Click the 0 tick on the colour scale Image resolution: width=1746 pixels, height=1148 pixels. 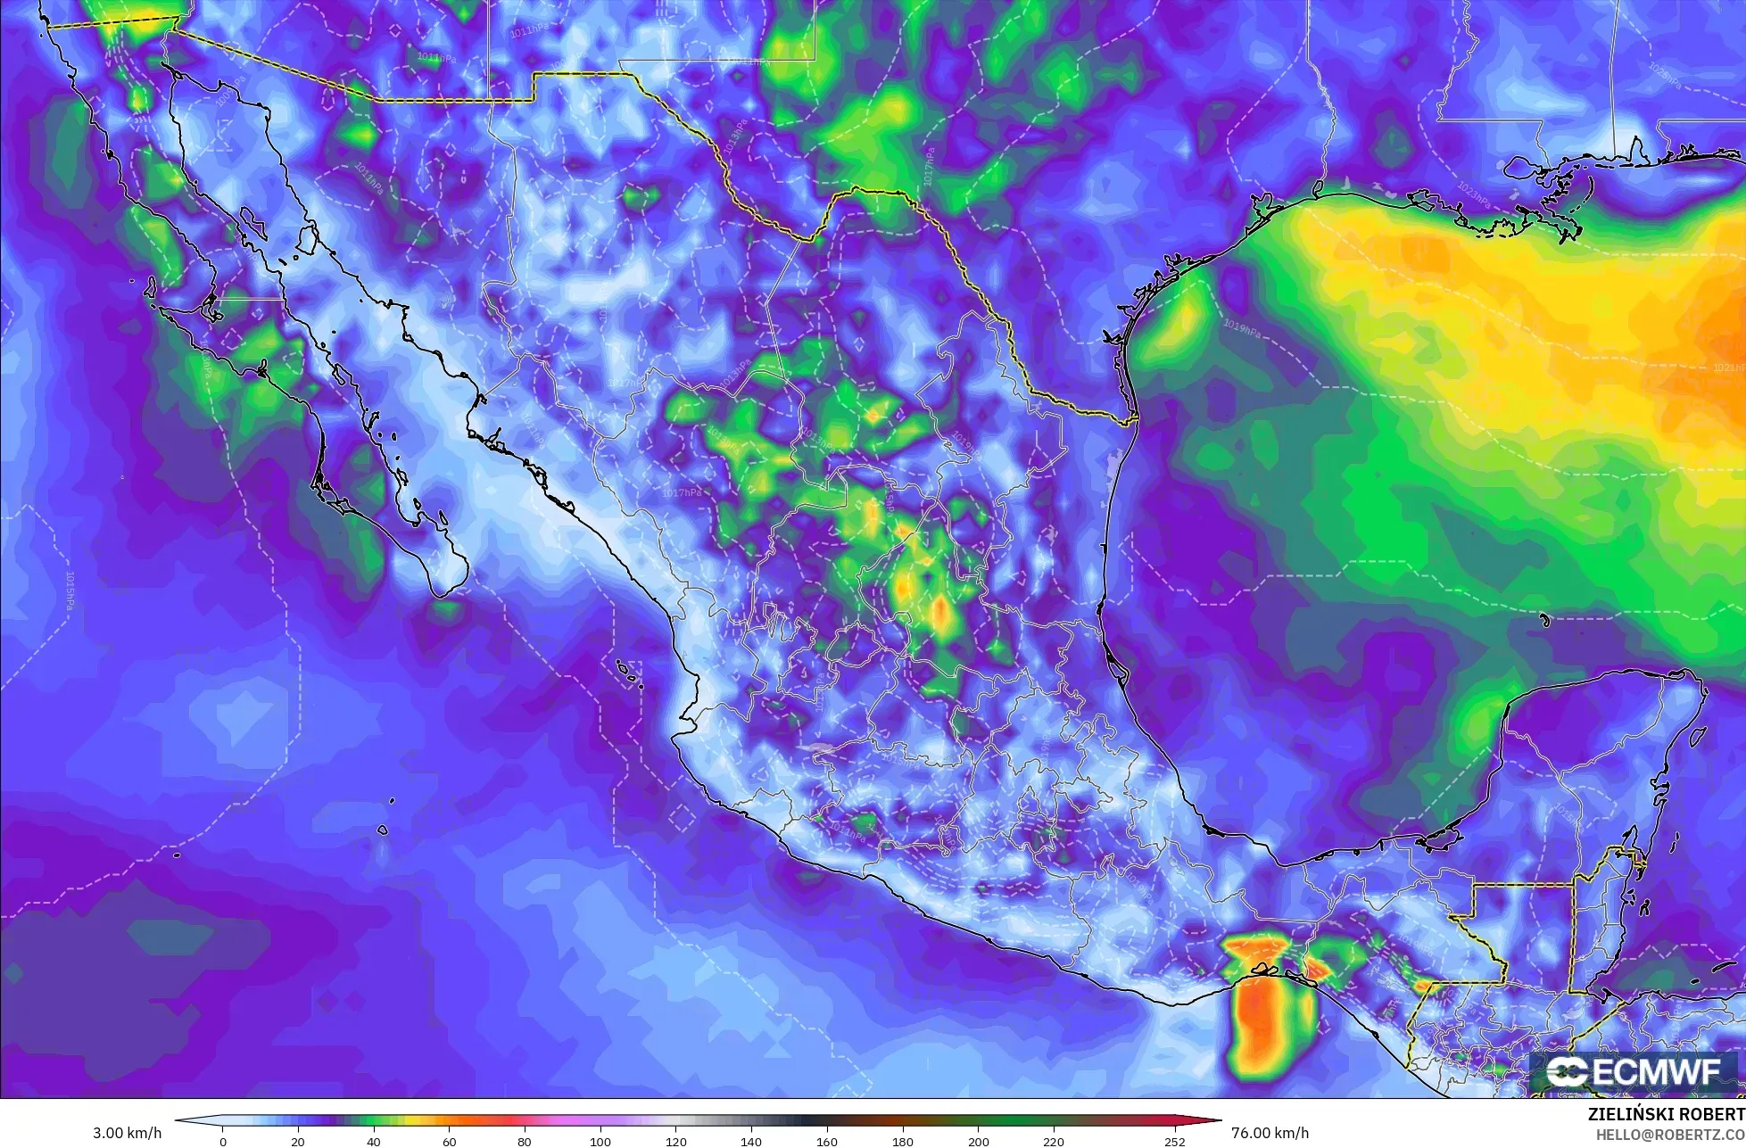point(223,1141)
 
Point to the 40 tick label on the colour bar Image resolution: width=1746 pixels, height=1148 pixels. point(374,1141)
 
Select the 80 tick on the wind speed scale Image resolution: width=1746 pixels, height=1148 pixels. point(525,1141)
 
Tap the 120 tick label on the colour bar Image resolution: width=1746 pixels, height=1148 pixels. point(675,1141)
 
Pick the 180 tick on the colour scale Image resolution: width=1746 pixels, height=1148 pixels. point(902,1141)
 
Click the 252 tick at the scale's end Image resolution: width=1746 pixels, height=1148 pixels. point(1174,1141)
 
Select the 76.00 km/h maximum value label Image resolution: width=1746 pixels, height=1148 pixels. point(1270,1133)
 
